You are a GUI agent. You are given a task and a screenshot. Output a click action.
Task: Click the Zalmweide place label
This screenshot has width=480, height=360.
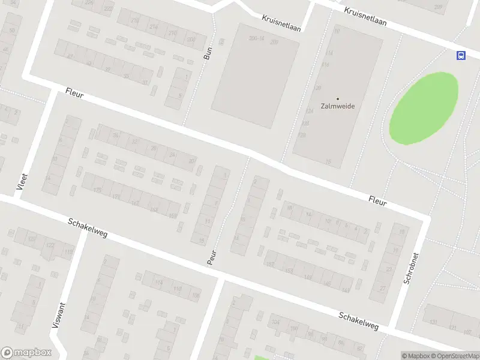click(337, 106)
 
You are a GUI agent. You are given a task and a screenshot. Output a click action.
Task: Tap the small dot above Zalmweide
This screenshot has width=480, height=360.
click(337, 98)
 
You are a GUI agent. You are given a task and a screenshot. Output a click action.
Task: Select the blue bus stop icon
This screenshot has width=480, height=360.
click(461, 55)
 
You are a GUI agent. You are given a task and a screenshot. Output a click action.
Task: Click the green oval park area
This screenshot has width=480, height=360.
click(424, 108)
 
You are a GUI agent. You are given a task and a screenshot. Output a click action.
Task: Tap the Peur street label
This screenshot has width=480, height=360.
click(211, 259)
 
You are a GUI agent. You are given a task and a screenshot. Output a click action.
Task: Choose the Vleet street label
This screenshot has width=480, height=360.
click(22, 181)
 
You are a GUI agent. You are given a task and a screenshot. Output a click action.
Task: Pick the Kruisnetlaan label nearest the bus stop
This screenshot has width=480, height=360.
click(365, 16)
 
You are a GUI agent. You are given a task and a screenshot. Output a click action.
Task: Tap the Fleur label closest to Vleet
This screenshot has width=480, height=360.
click(74, 94)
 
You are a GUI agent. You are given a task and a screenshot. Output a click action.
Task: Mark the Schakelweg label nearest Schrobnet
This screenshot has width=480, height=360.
click(358, 320)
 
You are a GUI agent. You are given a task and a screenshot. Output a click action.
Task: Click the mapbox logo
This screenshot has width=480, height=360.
click(26, 352)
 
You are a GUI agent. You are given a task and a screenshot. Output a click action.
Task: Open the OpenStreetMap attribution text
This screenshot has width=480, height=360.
click(455, 356)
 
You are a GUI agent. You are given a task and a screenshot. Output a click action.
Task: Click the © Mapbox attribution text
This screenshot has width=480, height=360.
click(415, 356)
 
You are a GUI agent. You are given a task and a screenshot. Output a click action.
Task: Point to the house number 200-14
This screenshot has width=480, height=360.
click(256, 38)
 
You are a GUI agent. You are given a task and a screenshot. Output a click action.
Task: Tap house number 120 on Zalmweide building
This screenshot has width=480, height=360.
click(317, 88)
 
